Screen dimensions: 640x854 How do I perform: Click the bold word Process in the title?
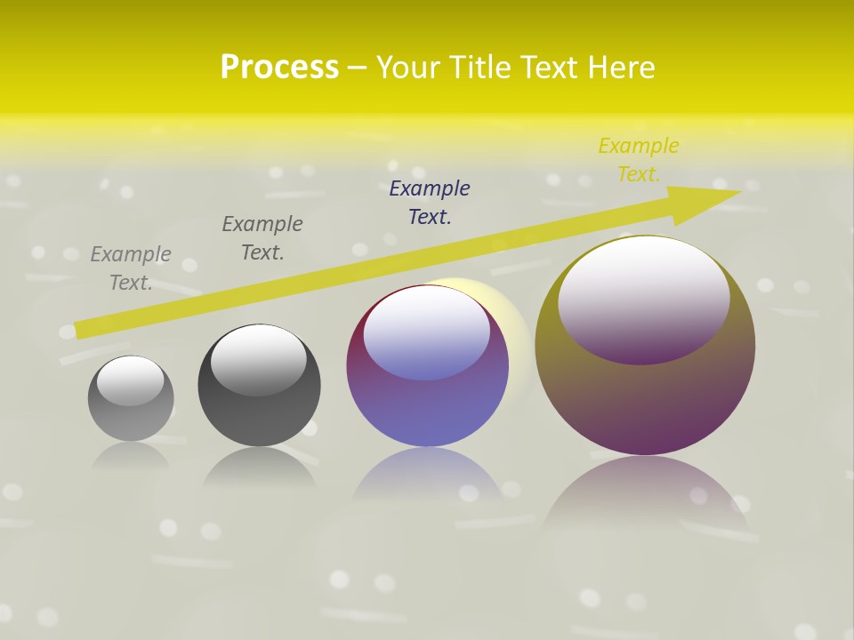[x=279, y=68]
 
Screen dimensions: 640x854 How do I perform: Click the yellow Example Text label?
[x=638, y=160]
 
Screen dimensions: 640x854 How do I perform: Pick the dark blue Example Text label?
[x=430, y=203]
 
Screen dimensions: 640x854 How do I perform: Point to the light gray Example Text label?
[x=131, y=268]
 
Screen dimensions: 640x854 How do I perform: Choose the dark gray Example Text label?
[x=262, y=238]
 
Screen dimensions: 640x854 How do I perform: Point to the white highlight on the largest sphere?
[x=643, y=286]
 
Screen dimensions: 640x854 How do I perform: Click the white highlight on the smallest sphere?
[x=130, y=379]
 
